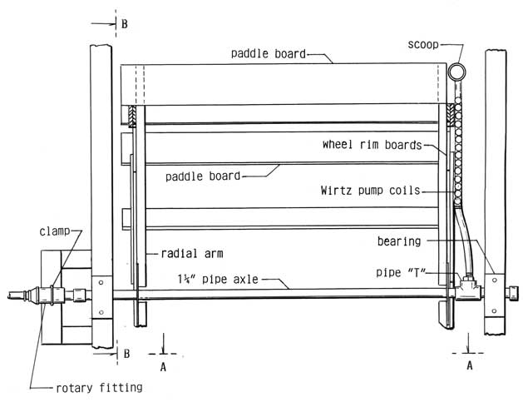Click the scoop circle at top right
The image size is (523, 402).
457,72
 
